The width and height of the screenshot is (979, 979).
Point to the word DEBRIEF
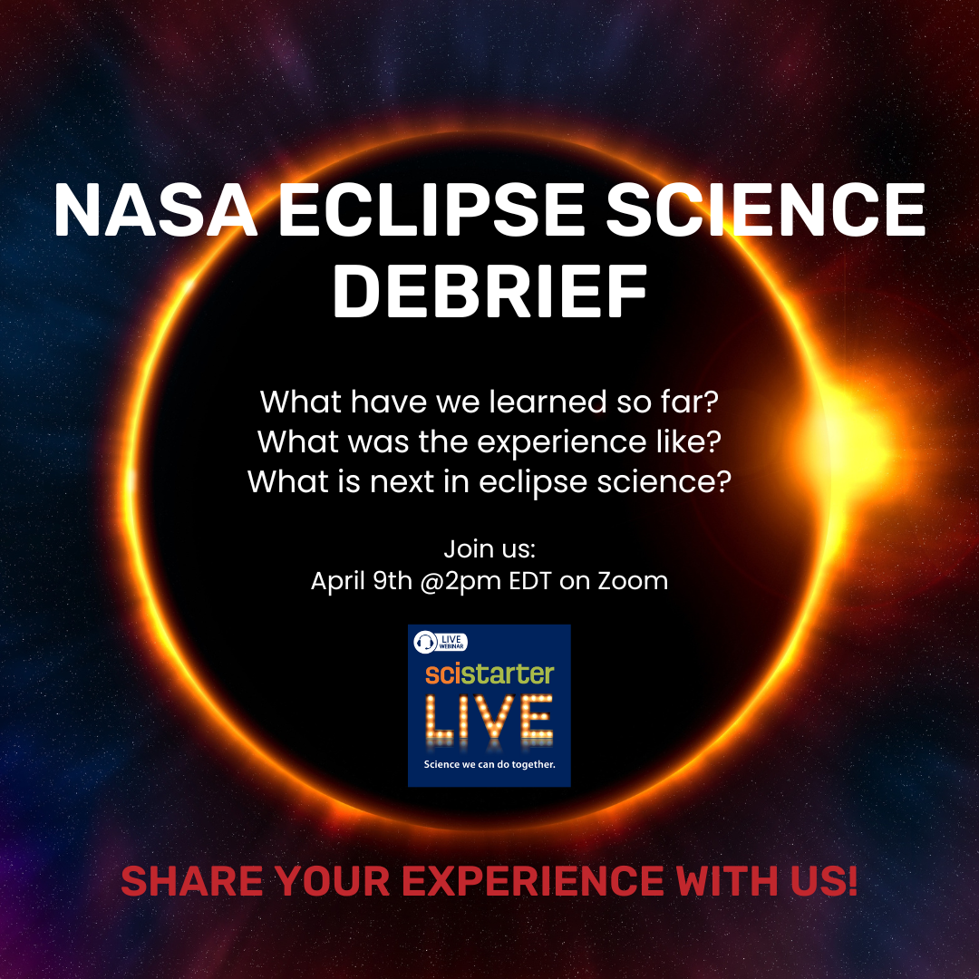(x=489, y=292)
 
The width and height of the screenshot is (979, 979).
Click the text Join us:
(x=490, y=549)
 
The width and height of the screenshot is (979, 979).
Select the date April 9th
(x=361, y=581)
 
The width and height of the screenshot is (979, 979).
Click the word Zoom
(x=633, y=581)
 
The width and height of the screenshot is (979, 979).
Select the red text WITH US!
(x=771, y=881)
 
